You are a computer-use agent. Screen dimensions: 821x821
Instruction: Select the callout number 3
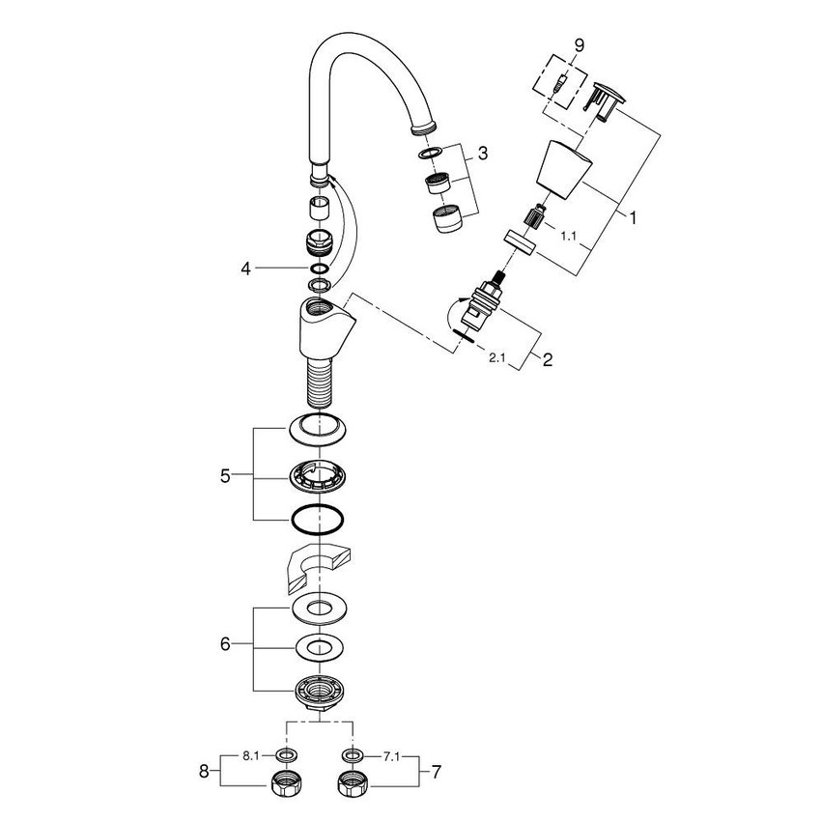(x=484, y=154)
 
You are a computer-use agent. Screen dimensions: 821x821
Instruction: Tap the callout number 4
(x=246, y=269)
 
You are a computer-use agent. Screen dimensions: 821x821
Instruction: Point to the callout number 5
(x=225, y=475)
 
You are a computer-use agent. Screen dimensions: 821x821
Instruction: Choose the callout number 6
(x=225, y=643)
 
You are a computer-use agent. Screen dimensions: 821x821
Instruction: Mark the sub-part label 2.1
(x=496, y=358)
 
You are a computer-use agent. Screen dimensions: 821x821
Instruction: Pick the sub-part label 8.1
(x=250, y=755)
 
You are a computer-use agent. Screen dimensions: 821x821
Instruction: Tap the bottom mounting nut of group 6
(x=318, y=692)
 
